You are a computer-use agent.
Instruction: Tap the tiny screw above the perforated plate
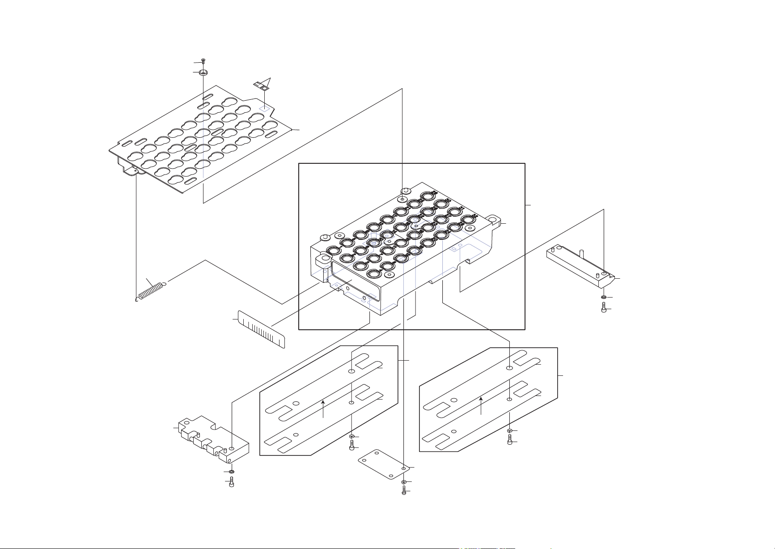coord(203,61)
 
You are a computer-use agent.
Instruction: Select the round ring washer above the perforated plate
coord(203,72)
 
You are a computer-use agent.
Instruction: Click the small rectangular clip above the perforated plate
coord(261,85)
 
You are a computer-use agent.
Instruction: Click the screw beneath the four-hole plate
coord(404,491)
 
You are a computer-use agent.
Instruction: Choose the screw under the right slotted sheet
coord(510,441)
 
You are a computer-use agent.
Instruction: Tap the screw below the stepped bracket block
coord(231,482)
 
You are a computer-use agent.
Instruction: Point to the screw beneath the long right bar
coord(604,308)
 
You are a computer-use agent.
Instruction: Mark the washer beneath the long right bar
coord(604,297)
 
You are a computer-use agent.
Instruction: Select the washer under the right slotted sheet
coord(510,430)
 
